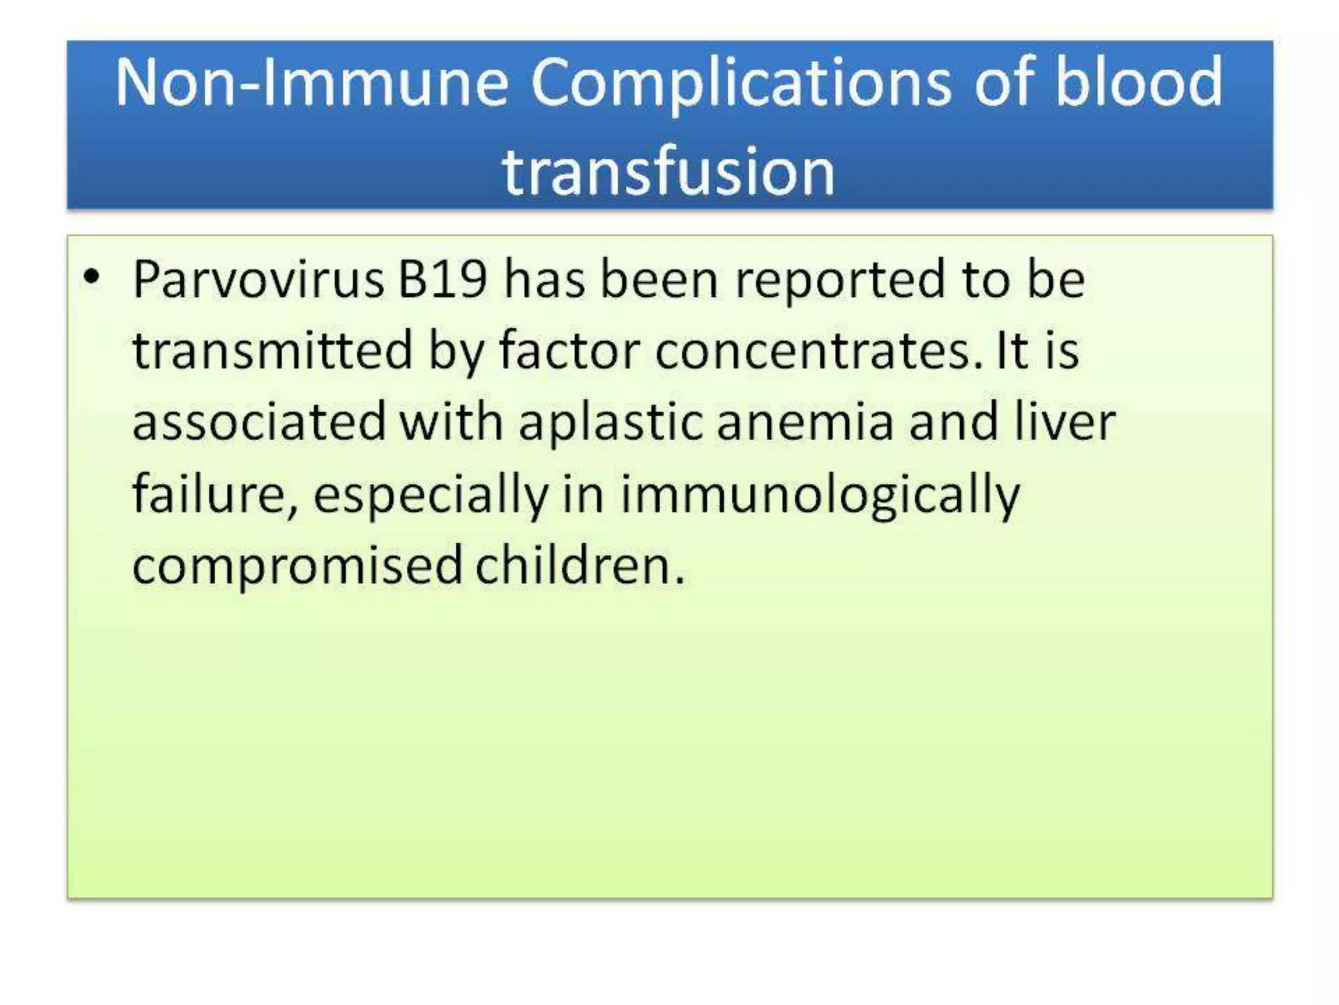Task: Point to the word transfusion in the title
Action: click(668, 171)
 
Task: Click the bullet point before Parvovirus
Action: click(92, 277)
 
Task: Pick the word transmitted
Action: click(273, 351)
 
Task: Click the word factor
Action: click(569, 351)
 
